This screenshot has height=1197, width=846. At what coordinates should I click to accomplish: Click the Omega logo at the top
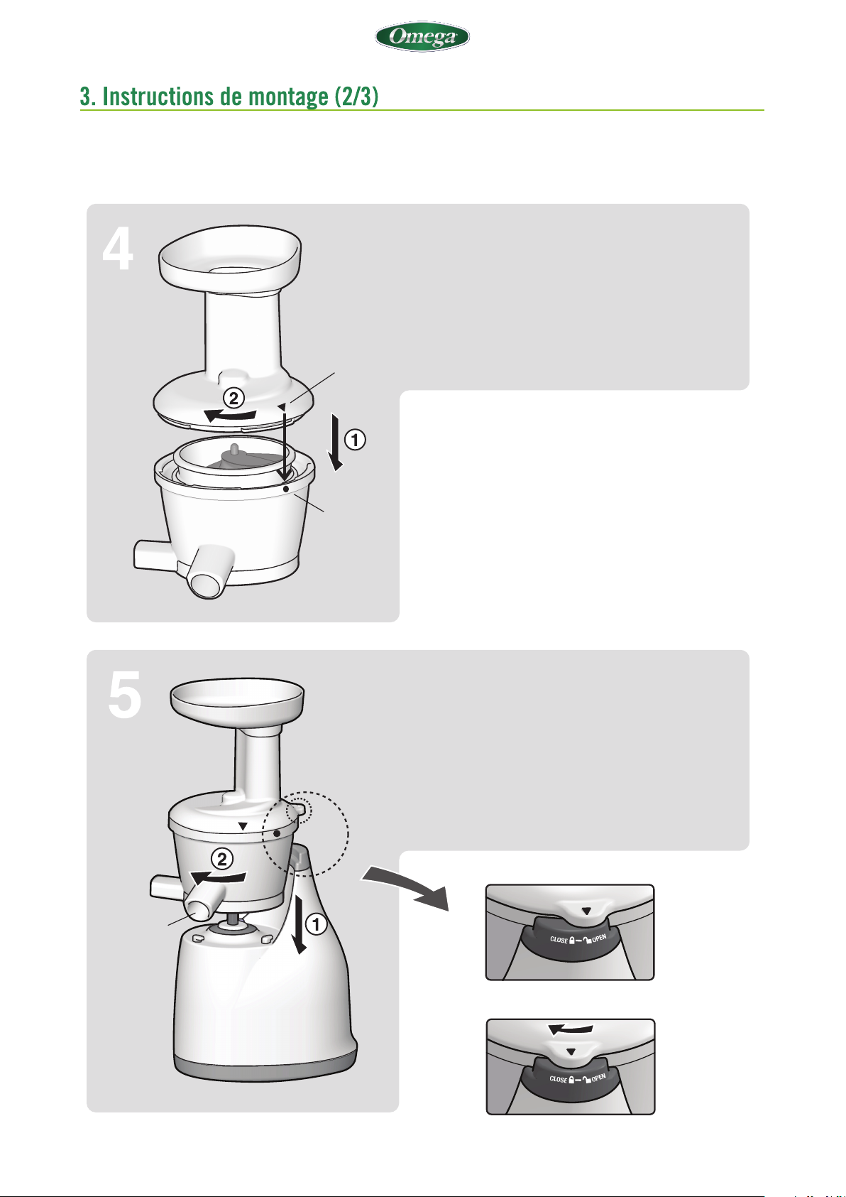[422, 36]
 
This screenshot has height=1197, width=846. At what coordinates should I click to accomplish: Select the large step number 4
[118, 249]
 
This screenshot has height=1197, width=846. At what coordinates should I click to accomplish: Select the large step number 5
[125, 695]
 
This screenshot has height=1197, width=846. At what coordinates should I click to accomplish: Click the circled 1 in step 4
[355, 440]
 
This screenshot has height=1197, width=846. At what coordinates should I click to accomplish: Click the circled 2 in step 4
[234, 398]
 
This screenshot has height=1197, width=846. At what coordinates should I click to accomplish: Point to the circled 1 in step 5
[316, 924]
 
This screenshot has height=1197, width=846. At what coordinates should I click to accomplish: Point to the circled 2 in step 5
[222, 860]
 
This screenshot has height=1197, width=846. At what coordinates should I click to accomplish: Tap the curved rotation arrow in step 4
[231, 415]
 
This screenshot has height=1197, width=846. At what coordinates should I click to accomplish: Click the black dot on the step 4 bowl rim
[286, 489]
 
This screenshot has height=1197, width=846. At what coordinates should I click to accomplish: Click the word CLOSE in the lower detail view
[559, 1079]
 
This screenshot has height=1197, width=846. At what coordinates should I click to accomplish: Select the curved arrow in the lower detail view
[571, 1029]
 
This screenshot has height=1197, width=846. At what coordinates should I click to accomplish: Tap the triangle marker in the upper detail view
[587, 911]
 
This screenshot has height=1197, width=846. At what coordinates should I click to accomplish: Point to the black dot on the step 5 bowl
[277, 833]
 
